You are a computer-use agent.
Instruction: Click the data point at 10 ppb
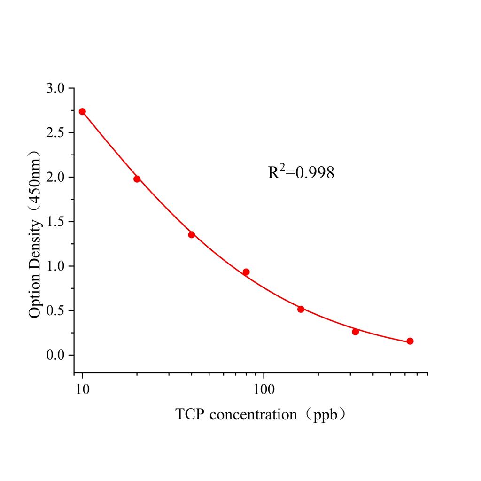click(x=82, y=111)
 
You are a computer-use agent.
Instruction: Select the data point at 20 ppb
click(x=137, y=179)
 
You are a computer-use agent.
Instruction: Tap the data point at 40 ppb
click(x=192, y=234)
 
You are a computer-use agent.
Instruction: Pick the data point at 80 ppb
click(x=246, y=272)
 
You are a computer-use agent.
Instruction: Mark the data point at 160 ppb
click(x=301, y=309)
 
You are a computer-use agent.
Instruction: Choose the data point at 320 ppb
click(x=356, y=332)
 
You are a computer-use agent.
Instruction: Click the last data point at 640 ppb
click(x=410, y=341)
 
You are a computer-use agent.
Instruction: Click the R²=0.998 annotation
click(x=301, y=172)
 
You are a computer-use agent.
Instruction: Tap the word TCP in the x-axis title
click(x=190, y=415)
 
